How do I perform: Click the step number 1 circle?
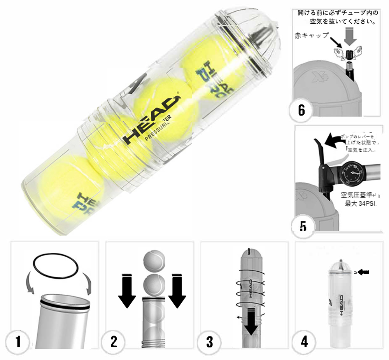(x=18, y=342)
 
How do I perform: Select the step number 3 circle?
(x=209, y=342)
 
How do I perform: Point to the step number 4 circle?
(x=305, y=342)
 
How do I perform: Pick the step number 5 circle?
(x=303, y=225)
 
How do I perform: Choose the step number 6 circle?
(x=301, y=110)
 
